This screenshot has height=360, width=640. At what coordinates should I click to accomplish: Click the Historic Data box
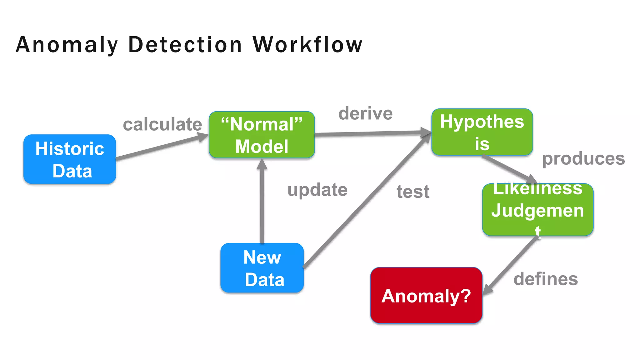[x=70, y=159]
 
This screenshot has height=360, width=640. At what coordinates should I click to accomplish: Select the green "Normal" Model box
[x=262, y=135]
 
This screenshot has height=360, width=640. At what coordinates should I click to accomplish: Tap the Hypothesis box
[x=482, y=132]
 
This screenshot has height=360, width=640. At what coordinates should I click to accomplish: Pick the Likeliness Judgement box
[x=537, y=209]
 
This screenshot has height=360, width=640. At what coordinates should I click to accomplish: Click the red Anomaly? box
[x=426, y=295]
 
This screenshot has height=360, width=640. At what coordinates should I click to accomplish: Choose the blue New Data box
[x=262, y=268]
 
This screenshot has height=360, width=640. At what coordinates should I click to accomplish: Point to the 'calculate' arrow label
[x=162, y=124]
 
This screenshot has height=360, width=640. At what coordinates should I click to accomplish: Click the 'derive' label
[x=365, y=113]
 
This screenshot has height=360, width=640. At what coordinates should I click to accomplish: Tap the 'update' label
[x=317, y=190]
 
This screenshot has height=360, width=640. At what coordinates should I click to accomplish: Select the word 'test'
[x=413, y=191]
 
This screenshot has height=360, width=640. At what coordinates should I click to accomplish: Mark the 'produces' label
[x=583, y=159]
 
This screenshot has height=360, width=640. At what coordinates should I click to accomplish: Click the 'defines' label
[x=546, y=279]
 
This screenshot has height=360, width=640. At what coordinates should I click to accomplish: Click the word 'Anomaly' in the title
[x=67, y=45]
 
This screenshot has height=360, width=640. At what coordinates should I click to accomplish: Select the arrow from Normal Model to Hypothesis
[x=372, y=133]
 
